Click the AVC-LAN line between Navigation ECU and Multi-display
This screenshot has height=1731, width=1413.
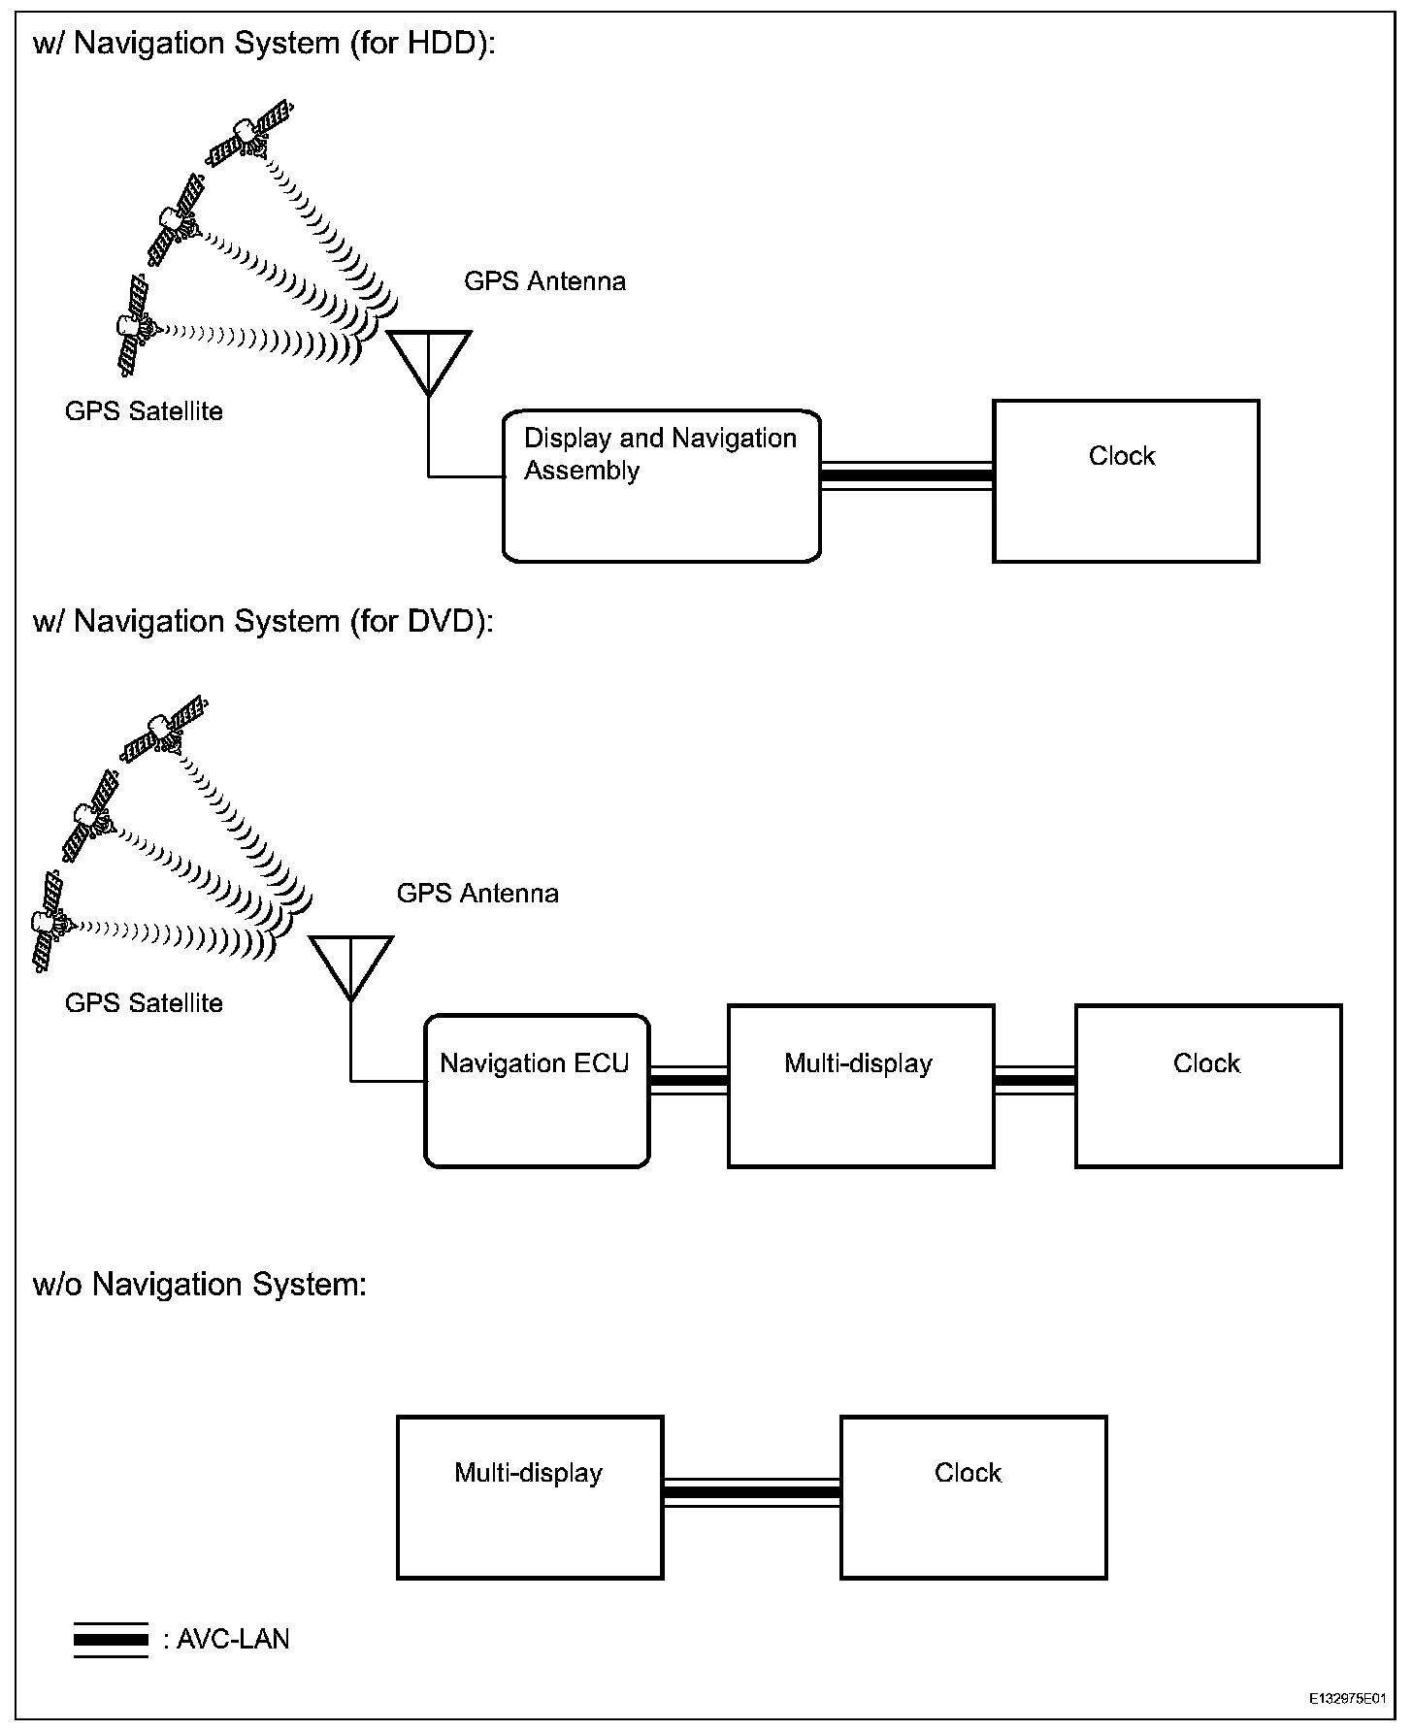[688, 1080]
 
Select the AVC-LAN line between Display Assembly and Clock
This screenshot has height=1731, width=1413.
[906, 475]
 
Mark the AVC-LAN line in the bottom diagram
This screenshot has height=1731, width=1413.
[751, 1491]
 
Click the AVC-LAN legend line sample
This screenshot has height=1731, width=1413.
[111, 1640]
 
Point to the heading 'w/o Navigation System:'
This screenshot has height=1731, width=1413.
[200, 1285]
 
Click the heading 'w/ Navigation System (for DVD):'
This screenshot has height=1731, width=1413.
[263, 621]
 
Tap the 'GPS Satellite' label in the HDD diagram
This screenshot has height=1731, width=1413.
[144, 411]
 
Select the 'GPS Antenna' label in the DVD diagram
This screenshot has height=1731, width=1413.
[477, 894]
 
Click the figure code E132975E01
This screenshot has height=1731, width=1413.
[1346, 1699]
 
